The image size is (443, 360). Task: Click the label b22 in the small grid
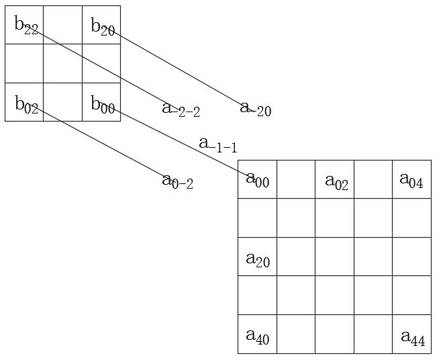click(26, 26)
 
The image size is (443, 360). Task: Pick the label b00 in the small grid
click(103, 105)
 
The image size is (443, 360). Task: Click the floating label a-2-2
click(181, 109)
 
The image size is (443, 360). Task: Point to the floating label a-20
click(256, 109)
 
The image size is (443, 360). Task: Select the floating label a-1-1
click(217, 144)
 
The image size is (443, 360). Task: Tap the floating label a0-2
click(178, 181)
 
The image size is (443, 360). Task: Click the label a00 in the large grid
click(257, 179)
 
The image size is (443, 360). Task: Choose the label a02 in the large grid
click(336, 181)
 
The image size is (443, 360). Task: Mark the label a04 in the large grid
click(411, 180)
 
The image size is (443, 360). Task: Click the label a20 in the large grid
click(258, 259)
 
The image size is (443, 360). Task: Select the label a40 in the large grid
click(257, 336)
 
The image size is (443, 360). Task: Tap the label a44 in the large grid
click(413, 337)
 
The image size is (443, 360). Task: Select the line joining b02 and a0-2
click(101, 140)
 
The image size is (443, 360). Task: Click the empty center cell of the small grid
click(62, 64)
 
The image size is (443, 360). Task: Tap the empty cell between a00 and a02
click(296, 179)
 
